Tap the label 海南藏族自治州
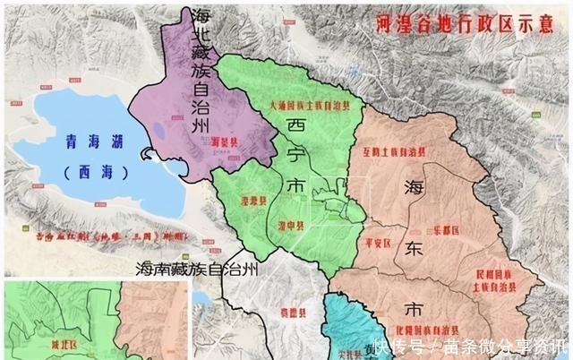196,270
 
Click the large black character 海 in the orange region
413,189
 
